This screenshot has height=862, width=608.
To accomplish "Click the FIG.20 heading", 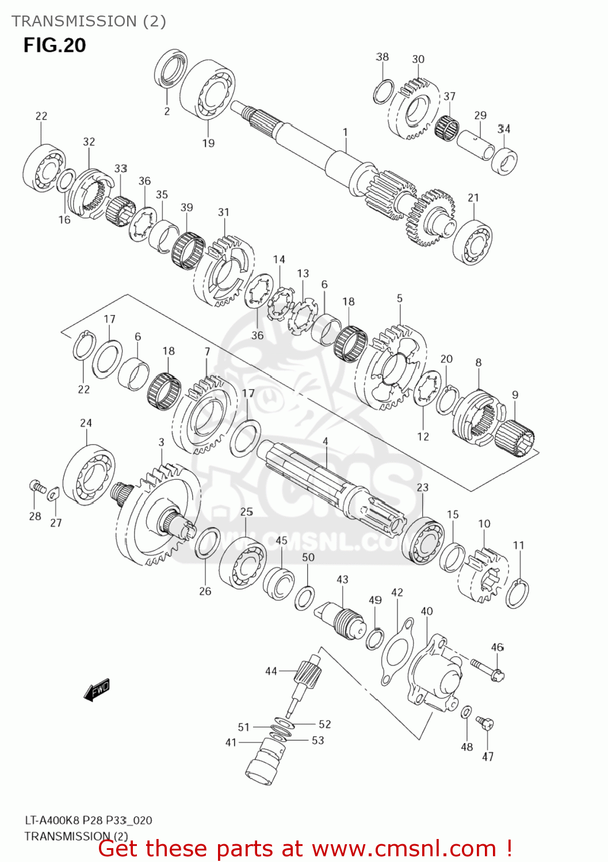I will click(x=55, y=45).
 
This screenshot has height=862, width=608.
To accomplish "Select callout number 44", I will click(x=271, y=671).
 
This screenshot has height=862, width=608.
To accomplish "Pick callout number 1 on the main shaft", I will click(x=345, y=132).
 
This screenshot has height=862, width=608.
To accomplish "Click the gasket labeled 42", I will click(x=397, y=652).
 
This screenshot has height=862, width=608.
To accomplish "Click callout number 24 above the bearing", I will click(x=86, y=423).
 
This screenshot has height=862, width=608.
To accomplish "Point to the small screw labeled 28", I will click(x=37, y=486).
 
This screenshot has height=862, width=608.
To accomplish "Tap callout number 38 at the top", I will click(x=382, y=57).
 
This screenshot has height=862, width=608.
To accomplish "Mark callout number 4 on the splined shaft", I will click(x=325, y=441).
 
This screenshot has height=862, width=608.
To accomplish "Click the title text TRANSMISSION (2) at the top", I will click(x=89, y=21).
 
